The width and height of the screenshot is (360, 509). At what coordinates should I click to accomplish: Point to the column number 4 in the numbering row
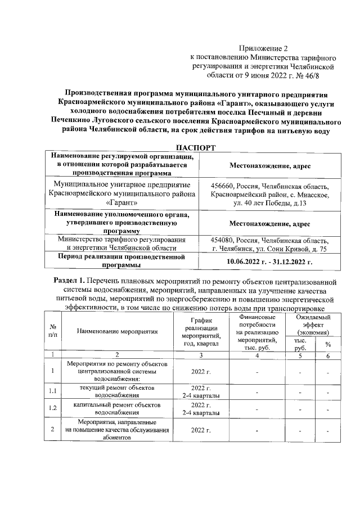coord(257,354)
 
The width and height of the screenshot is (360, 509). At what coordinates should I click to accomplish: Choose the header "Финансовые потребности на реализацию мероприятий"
coord(257,331)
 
